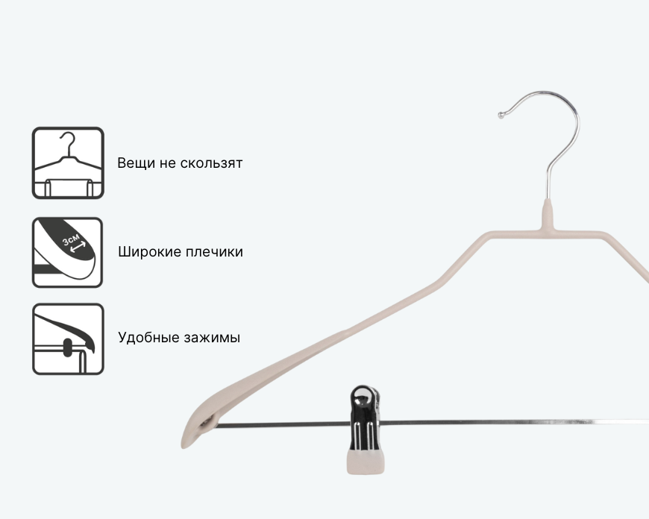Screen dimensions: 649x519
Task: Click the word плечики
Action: (x=214, y=252)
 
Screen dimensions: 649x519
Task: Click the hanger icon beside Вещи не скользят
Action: (x=68, y=163)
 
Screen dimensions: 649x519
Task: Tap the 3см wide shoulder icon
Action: (x=67, y=253)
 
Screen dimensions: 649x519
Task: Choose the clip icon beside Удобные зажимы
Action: (x=68, y=339)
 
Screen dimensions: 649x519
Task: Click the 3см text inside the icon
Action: (x=71, y=239)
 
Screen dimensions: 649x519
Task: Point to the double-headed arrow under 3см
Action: (x=78, y=247)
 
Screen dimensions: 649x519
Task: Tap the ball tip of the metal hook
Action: (x=501, y=115)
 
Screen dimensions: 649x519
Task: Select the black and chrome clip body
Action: (x=365, y=418)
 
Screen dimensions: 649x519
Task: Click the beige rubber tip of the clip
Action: (x=365, y=462)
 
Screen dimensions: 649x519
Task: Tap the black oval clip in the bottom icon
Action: (x=67, y=347)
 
